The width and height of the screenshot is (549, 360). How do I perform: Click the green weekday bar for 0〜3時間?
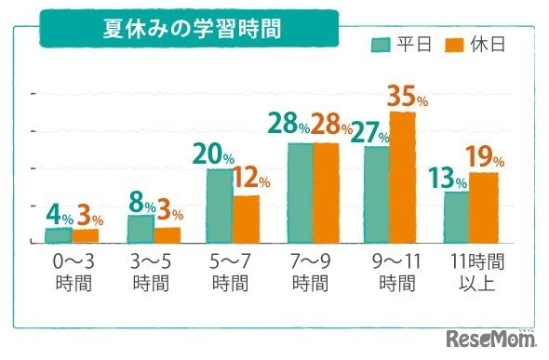59,234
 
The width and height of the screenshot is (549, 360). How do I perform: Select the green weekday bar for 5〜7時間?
220,205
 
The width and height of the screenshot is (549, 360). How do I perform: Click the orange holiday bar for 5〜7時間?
247,219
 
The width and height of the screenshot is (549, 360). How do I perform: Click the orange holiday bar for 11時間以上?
484,207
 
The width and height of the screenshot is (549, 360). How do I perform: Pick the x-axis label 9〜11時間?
391,271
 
